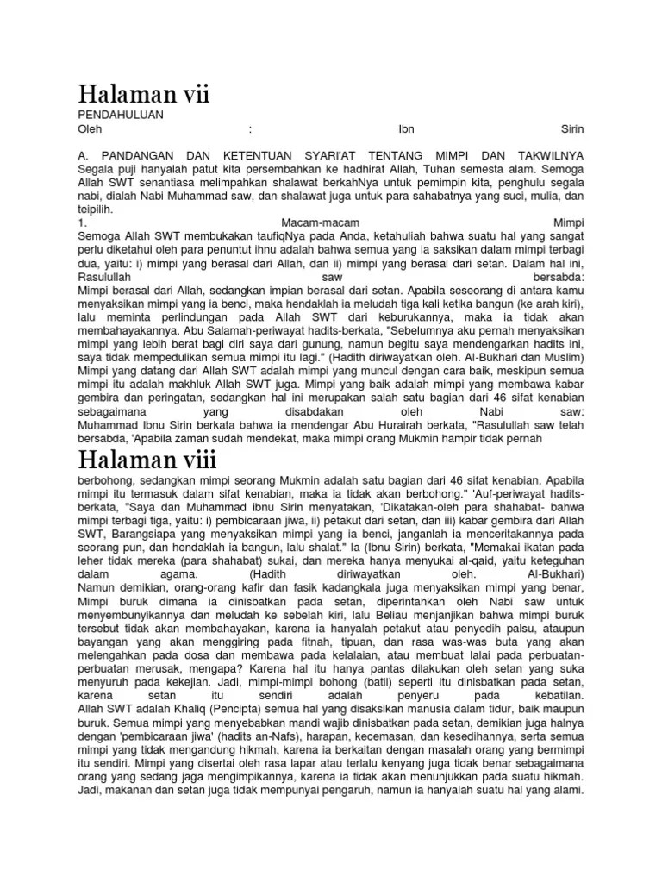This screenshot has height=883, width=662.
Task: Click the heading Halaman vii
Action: coord(144,94)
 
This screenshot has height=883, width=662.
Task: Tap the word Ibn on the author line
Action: coord(406,129)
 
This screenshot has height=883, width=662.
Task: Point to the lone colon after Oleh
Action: coord(250,129)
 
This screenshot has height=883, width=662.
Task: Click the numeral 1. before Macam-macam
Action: coord(81,222)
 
